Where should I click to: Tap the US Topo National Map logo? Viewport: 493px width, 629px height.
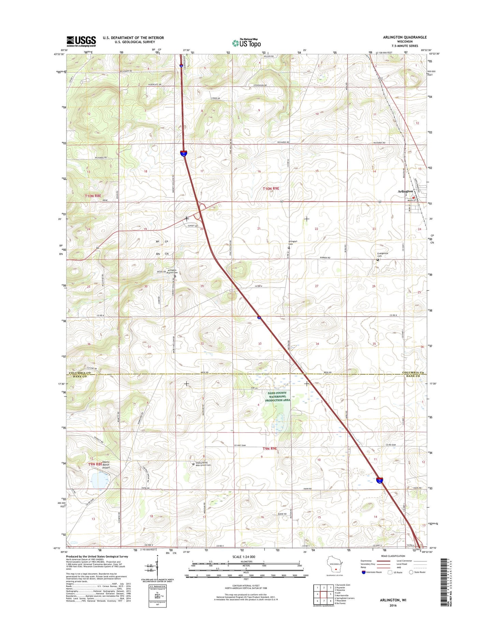246,43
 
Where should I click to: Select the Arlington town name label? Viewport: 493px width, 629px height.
405,192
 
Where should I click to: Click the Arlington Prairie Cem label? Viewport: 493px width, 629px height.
172,271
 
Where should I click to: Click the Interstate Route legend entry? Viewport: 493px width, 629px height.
372,572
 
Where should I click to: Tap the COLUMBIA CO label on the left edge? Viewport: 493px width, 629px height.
79,373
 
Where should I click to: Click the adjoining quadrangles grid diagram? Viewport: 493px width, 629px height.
324,594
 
